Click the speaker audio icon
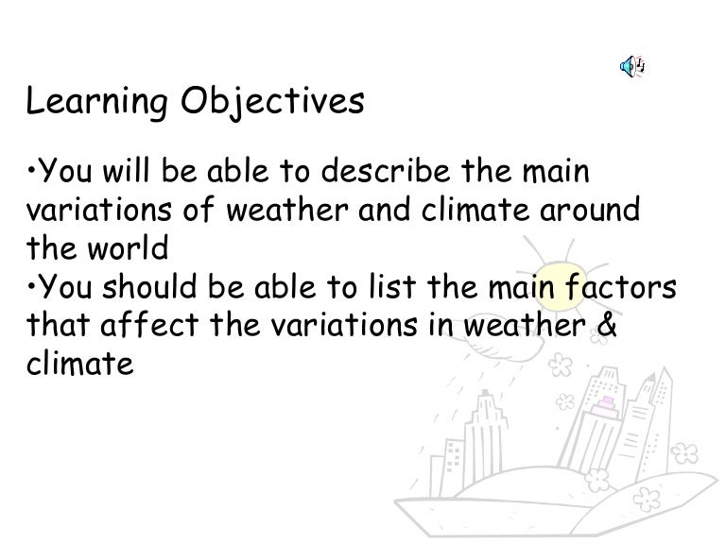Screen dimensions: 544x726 point(631,65)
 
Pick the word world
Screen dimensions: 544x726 point(125,249)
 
